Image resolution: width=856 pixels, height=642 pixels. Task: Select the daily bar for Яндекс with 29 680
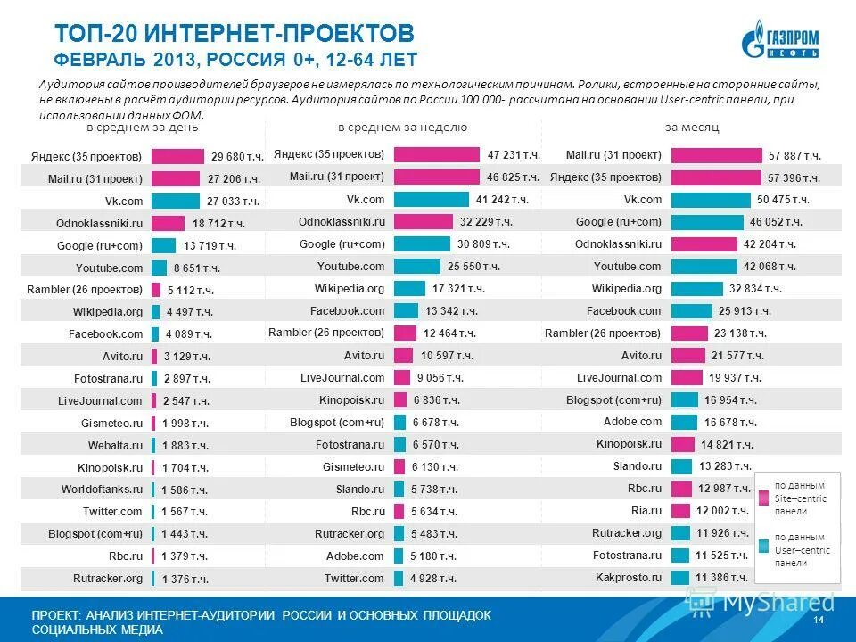pos(177,155)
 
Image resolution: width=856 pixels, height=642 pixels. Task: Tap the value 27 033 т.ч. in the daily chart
pos(233,202)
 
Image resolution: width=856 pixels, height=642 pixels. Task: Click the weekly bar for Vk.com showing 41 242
pos(430,199)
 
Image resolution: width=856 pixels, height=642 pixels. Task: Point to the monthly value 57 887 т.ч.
pos(794,155)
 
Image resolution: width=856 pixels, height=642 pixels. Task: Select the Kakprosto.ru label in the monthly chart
pos(629,577)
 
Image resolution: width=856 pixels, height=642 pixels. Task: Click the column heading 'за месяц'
pos(693,128)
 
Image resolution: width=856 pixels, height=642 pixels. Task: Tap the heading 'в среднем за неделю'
pos(402,128)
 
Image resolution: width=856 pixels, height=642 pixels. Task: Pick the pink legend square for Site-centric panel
pos(763,498)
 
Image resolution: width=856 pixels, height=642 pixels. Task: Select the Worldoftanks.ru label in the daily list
pos(102,489)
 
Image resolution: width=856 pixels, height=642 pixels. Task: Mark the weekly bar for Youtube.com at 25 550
pos(416,266)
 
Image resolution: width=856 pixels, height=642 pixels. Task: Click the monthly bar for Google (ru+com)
pos(706,221)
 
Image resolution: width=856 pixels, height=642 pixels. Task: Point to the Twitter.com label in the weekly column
pos(354,578)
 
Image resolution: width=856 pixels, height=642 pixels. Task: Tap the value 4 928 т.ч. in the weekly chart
pos(433,579)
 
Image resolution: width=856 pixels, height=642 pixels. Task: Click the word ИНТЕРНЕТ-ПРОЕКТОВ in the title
pos(280,35)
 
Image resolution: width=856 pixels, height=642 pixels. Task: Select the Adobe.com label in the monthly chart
pos(632,421)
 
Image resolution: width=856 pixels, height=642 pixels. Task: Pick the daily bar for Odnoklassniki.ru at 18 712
pos(168,223)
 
